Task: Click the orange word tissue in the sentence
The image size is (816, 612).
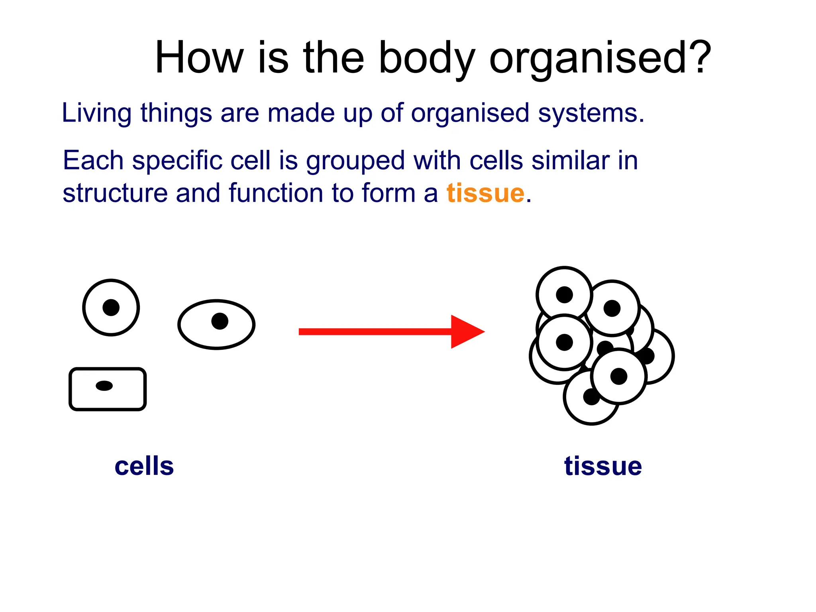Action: tap(485, 193)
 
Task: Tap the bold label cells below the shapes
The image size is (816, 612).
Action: tap(144, 466)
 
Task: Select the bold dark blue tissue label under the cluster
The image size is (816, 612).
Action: tap(602, 466)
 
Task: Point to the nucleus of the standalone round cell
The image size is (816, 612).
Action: tap(111, 308)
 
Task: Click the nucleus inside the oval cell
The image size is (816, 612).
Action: tap(220, 321)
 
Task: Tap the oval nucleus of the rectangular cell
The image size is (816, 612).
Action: tap(104, 386)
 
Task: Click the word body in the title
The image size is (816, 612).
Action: tap(426, 59)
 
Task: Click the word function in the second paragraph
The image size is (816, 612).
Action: tap(276, 193)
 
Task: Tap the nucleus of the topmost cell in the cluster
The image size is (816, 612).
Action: tap(564, 295)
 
